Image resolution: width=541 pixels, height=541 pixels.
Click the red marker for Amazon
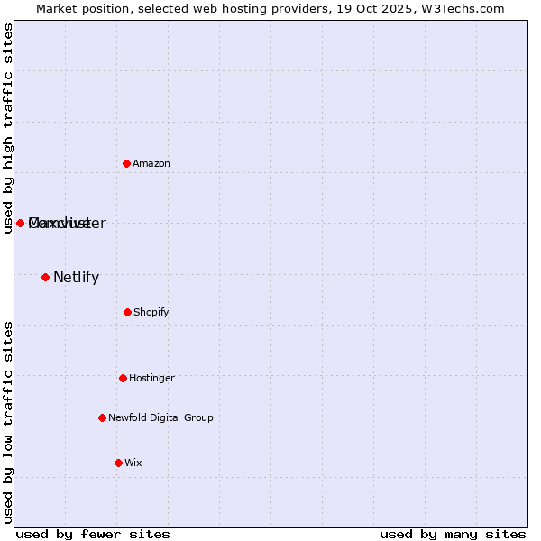[x=126, y=163]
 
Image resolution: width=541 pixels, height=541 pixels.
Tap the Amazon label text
[x=151, y=164]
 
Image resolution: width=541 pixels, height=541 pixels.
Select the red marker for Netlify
[x=45, y=277]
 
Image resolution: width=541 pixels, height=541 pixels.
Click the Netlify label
[x=76, y=278]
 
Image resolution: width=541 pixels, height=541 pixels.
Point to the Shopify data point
[x=127, y=312]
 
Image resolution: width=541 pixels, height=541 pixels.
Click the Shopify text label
[x=151, y=313]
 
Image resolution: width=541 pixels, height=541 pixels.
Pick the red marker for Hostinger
[x=123, y=378]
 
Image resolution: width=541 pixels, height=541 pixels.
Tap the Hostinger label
[x=151, y=379]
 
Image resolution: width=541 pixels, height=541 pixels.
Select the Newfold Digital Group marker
[x=102, y=417]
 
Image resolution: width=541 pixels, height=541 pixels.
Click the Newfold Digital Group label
[x=160, y=418]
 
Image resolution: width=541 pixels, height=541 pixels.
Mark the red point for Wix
[x=118, y=463]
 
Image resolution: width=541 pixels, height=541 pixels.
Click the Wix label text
[x=133, y=463]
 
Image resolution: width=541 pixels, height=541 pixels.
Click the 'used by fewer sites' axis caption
[x=93, y=535]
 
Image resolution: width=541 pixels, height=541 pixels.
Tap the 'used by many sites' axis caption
[x=453, y=535]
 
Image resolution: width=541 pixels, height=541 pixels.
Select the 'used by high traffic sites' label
[x=8, y=128]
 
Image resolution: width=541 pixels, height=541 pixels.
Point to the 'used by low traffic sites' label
[x=8, y=422]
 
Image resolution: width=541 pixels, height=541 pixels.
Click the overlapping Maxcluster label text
[x=68, y=224]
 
